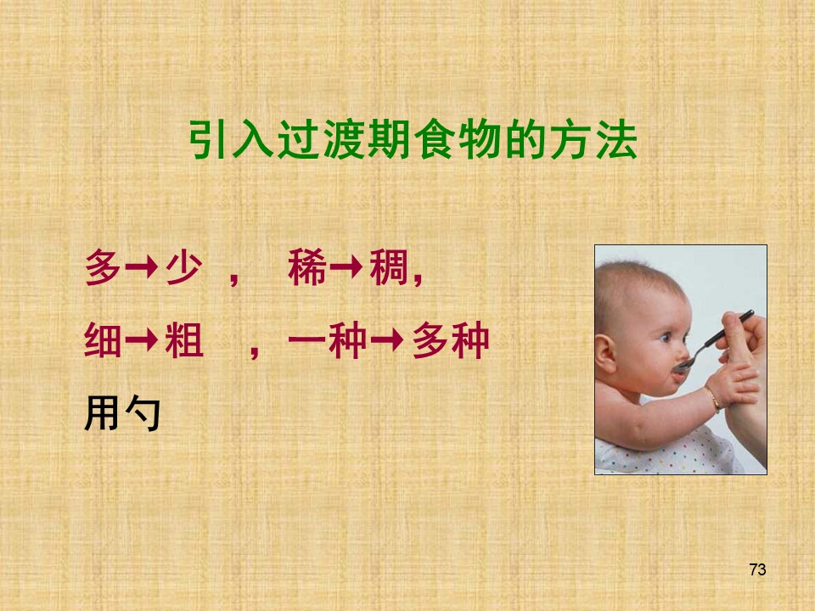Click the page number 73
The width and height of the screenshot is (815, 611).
[758, 569]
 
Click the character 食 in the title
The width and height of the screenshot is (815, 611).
[436, 140]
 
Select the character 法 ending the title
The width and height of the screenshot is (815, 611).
[616, 140]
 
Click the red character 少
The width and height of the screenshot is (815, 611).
[184, 267]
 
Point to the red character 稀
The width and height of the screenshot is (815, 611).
[307, 267]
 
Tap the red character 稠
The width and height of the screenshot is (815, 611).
[388, 267]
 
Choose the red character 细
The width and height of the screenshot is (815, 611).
[103, 340]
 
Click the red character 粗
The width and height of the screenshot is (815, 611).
[184, 340]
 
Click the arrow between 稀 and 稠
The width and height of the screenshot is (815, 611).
[346, 267]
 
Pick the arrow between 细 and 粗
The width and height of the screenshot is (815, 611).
[142, 340]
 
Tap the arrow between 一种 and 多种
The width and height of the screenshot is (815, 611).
[388, 340]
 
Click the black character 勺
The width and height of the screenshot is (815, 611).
[143, 413]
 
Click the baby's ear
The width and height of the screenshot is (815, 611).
[605, 353]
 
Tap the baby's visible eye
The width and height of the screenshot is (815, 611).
[666, 339]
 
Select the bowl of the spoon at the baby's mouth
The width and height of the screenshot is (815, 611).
[682, 365]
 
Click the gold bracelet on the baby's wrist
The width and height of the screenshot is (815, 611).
[712, 399]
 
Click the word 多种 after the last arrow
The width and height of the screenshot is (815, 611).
[451, 340]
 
